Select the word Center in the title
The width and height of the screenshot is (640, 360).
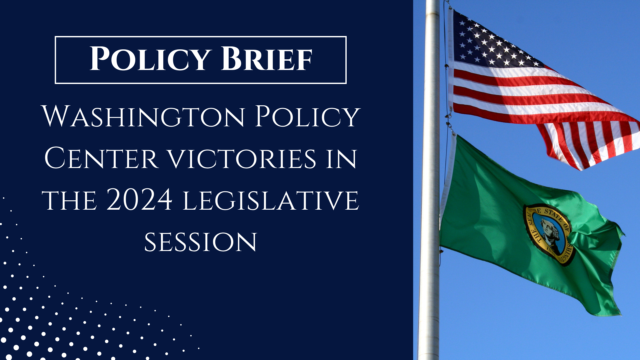[101, 158]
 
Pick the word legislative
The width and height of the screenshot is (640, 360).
[271, 200]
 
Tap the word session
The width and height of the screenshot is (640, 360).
[201, 242]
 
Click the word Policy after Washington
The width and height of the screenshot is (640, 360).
[308, 116]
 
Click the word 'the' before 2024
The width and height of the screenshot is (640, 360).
[69, 200]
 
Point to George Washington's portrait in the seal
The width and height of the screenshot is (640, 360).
[549, 233]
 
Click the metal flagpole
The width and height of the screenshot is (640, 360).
[430, 180]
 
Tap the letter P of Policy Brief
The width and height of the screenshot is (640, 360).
[100, 58]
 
